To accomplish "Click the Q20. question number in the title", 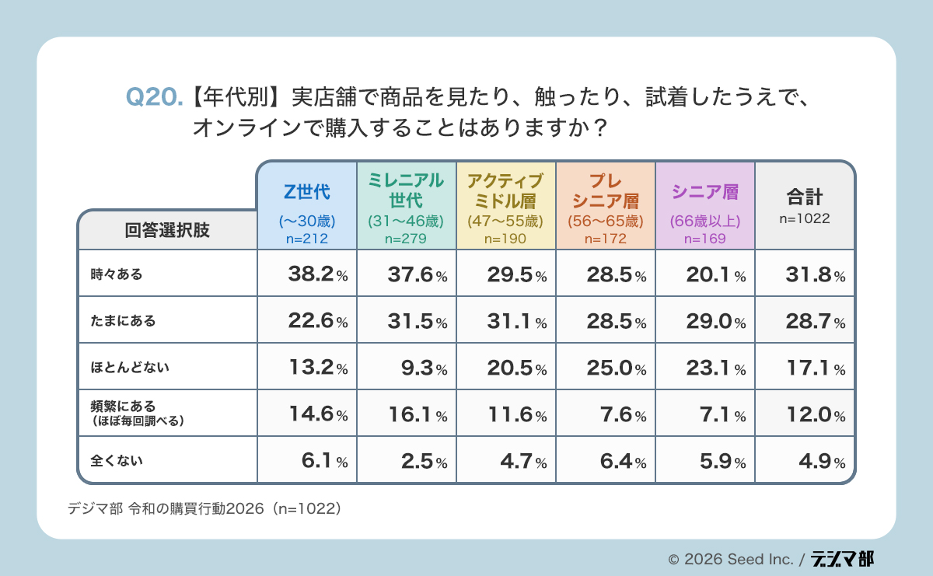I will pos(154,96).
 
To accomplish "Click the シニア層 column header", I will pos(704,191).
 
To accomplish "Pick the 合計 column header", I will pos(804,196).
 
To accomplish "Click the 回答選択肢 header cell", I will pos(167,230).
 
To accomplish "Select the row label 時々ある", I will pos(117,274).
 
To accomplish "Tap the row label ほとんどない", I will pos(128,367).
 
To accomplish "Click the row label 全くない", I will pos(117,460).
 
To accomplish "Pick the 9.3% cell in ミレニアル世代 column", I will pos(417,368).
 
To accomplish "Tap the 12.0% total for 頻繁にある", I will pos(811,414).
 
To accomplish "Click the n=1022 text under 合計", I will pos(804,219).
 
